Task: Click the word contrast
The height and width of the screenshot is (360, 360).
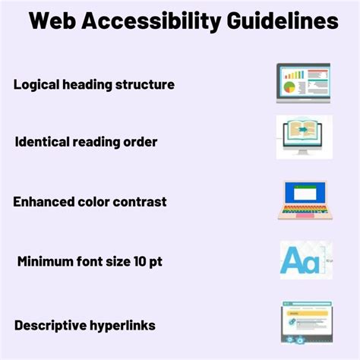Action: click(x=140, y=202)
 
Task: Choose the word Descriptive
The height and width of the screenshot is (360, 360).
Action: click(x=49, y=325)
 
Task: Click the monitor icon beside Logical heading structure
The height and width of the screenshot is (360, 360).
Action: click(x=302, y=84)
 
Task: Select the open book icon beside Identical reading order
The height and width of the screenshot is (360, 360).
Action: click(x=302, y=136)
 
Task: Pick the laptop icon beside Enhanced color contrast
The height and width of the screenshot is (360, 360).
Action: click(x=304, y=198)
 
